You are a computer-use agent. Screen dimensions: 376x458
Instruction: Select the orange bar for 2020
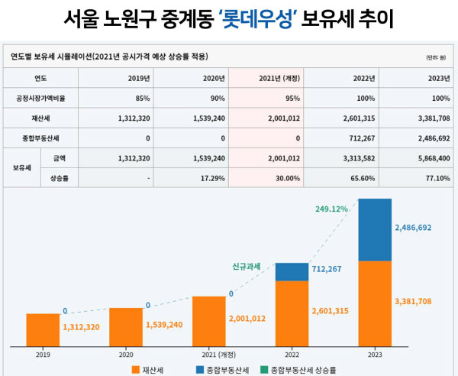click(x=126, y=326)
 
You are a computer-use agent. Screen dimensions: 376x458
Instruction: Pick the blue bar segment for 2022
click(x=292, y=271)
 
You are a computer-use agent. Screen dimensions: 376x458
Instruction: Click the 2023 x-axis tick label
click(x=375, y=355)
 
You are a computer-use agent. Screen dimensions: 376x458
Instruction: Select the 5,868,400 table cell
click(x=428, y=157)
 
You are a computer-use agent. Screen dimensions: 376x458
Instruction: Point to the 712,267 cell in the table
click(x=357, y=138)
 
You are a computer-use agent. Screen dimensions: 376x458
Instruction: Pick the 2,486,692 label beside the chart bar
click(x=417, y=228)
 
